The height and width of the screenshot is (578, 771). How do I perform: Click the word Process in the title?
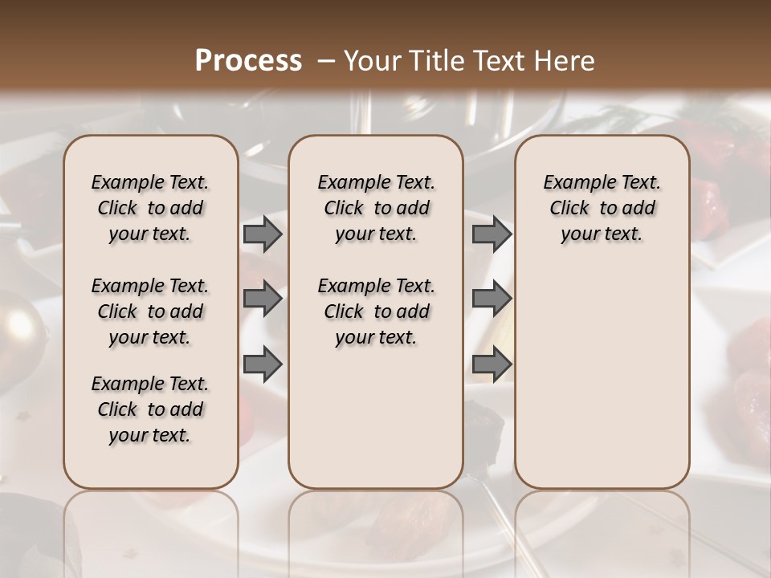click(x=247, y=61)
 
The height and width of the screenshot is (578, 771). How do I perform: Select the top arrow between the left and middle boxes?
click(x=262, y=234)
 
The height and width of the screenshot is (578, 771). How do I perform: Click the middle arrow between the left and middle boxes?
click(x=262, y=299)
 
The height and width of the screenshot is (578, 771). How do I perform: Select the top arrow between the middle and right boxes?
click(x=491, y=234)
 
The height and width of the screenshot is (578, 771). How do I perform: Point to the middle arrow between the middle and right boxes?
click(x=491, y=299)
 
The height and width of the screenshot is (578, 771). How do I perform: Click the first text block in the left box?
click(x=150, y=208)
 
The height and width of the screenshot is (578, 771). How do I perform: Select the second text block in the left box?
click(x=150, y=311)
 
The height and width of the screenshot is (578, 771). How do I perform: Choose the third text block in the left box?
click(x=150, y=409)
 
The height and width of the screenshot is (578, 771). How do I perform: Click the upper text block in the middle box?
click(x=376, y=208)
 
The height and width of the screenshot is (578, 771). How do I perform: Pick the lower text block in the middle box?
click(x=376, y=311)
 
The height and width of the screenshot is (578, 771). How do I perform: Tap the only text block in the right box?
click(x=602, y=208)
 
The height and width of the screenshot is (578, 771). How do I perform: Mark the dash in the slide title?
click(x=326, y=61)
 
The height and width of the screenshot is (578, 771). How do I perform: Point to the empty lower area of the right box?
click(x=602, y=377)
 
